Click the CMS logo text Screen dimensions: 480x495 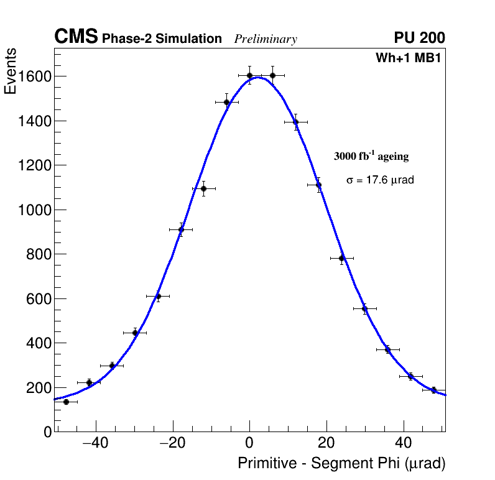tap(76, 38)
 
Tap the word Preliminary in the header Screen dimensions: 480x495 tap(266, 39)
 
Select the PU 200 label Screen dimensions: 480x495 tap(419, 38)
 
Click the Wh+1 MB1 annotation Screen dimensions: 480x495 tap(408, 58)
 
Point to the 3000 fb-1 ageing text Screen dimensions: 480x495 tap(371, 156)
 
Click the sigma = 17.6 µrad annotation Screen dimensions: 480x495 tap(380, 180)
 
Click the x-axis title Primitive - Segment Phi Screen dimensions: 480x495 tap(341, 464)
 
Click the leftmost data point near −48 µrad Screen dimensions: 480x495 tap(66, 402)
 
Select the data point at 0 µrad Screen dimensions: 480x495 tap(249, 76)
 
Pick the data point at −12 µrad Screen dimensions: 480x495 tap(203, 188)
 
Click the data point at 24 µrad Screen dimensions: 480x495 tap(341, 258)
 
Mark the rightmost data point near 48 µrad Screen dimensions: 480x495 tap(433, 390)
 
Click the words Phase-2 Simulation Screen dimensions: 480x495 tap(162, 39)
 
